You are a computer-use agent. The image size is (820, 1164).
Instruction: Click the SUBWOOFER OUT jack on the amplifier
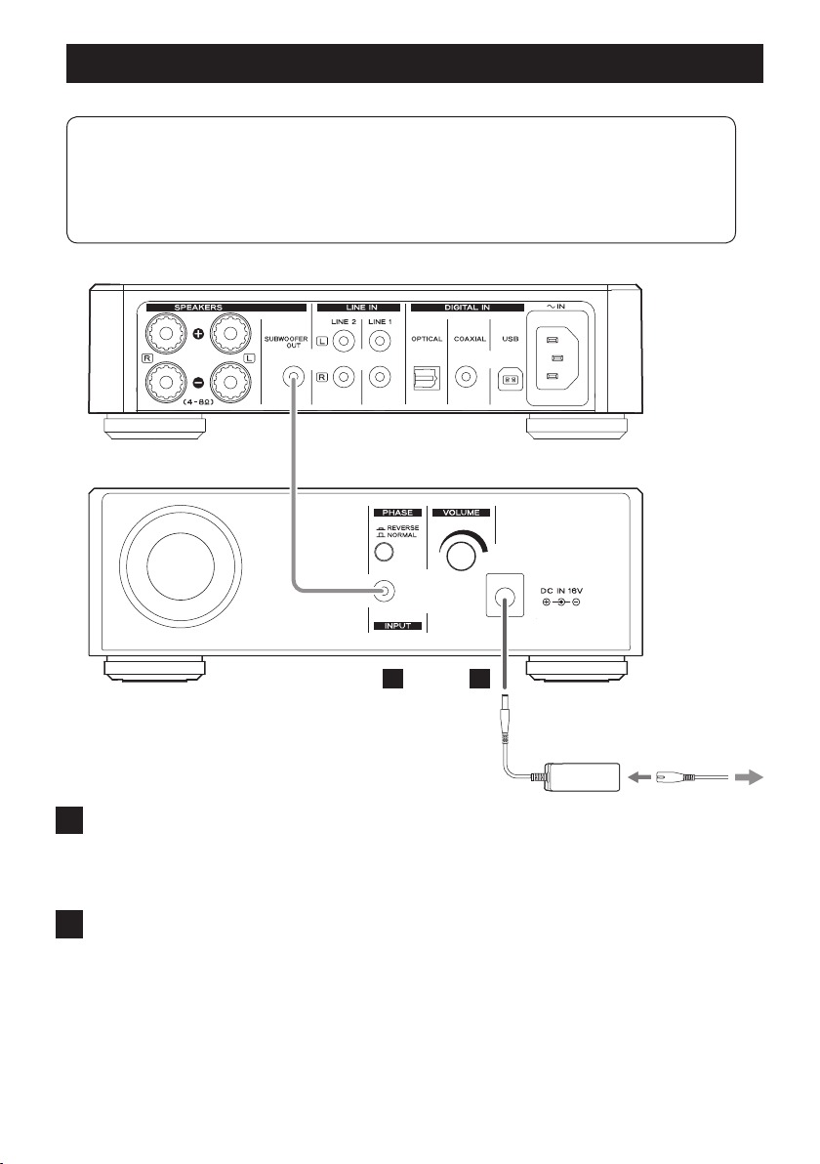pyautogui.click(x=292, y=378)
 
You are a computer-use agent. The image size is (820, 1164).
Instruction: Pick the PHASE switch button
pyautogui.click(x=384, y=552)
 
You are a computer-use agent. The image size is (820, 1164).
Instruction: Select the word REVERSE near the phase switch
pyautogui.click(x=403, y=528)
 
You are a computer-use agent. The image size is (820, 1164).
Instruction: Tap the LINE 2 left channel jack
pyautogui.click(x=344, y=342)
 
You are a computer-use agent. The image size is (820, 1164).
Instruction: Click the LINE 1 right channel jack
pyautogui.click(x=380, y=376)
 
